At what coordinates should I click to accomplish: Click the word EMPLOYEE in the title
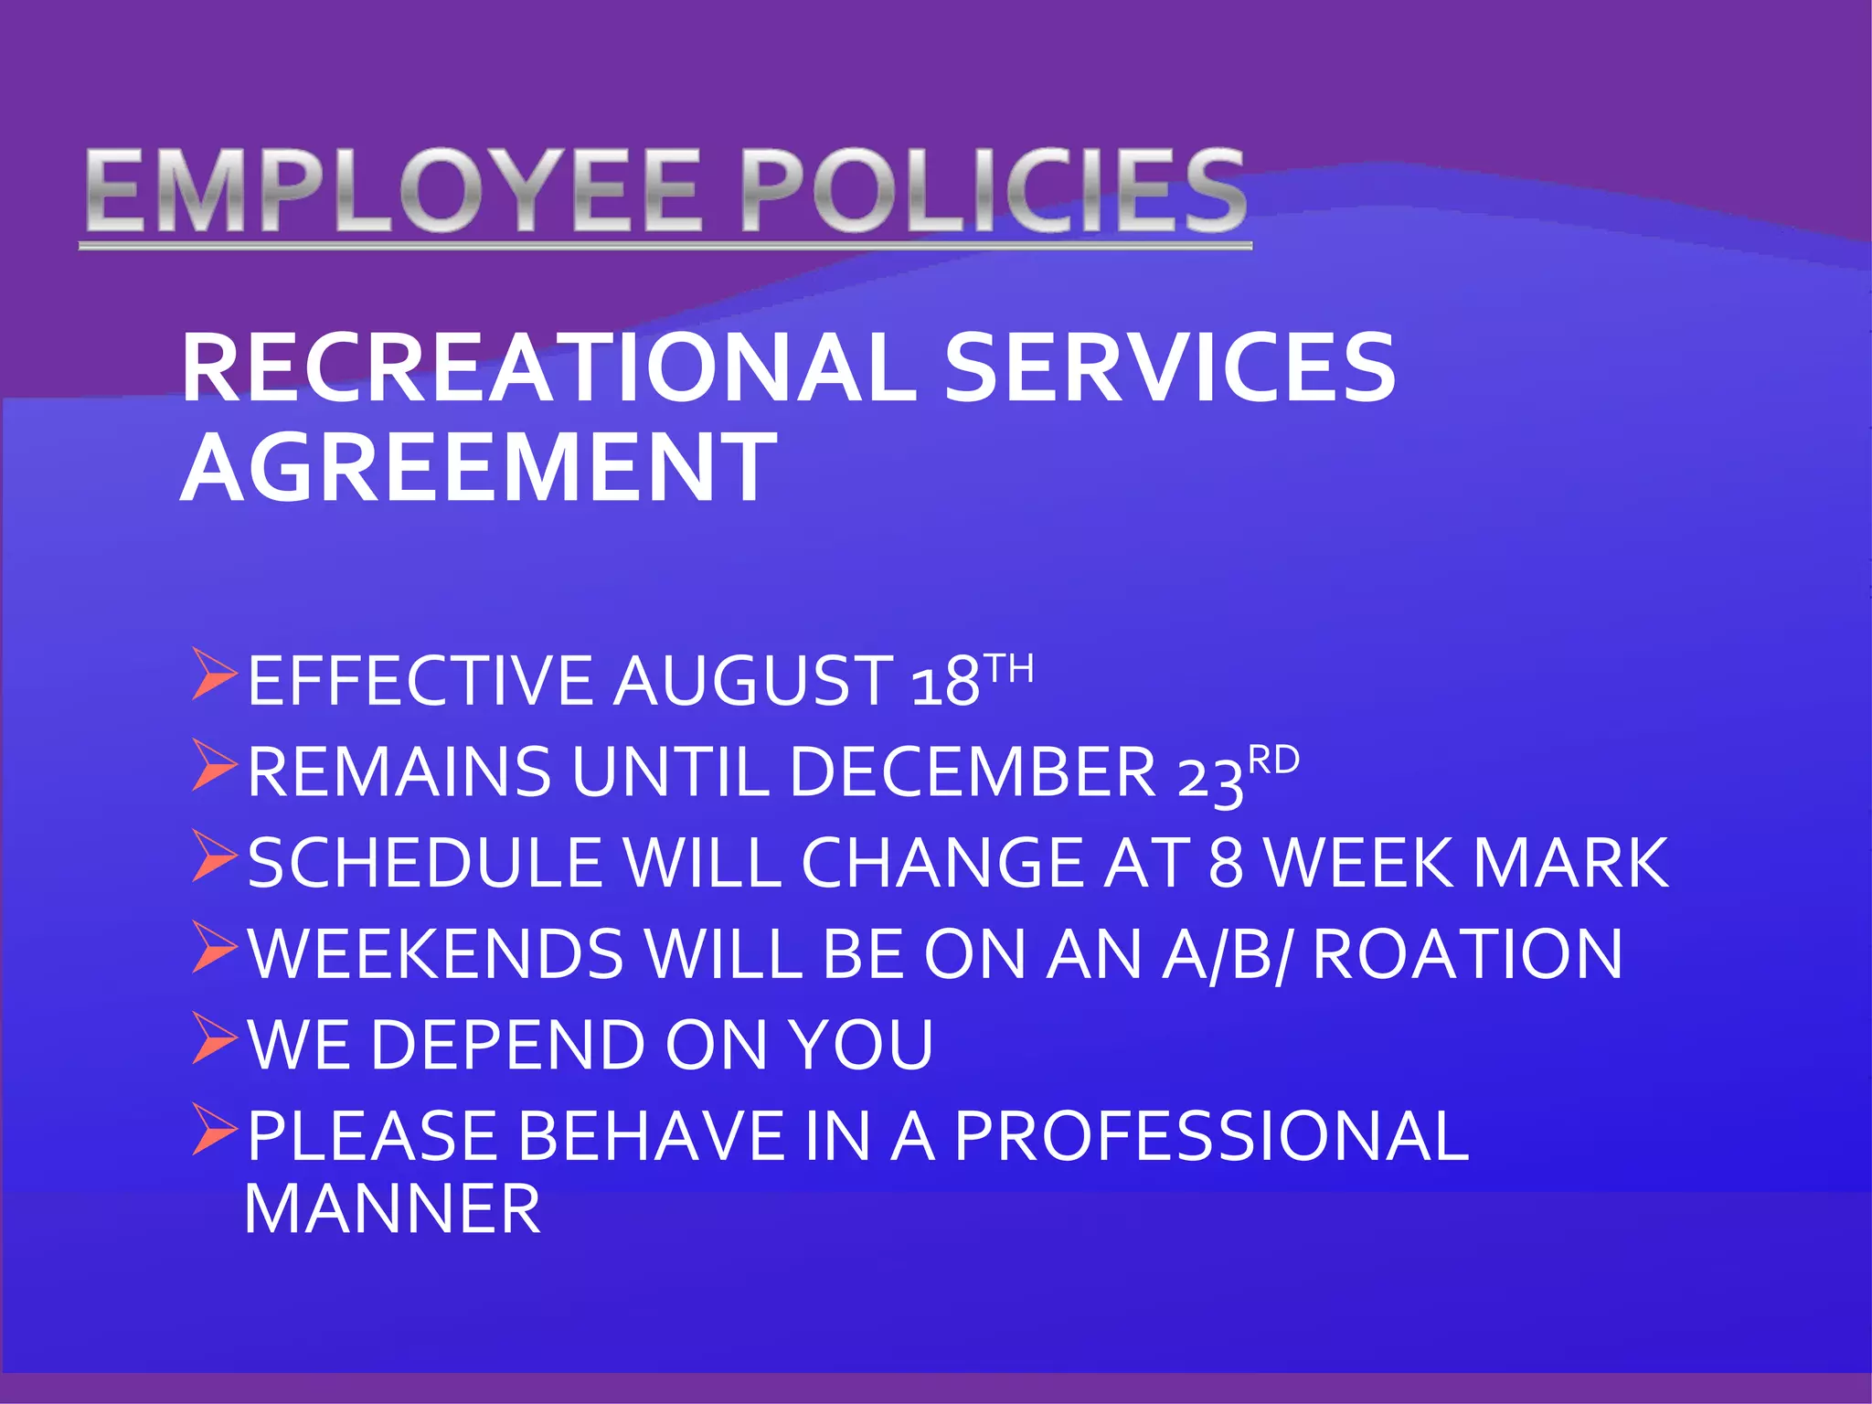click(394, 192)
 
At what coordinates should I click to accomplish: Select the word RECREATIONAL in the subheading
click(548, 367)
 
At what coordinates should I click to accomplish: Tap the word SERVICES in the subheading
click(1169, 367)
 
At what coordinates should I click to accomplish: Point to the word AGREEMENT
click(478, 468)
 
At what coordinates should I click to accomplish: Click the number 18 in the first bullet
click(945, 682)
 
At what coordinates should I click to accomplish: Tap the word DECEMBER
click(973, 772)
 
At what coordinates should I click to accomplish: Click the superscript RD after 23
click(1273, 760)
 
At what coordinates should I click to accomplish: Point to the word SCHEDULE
click(424, 863)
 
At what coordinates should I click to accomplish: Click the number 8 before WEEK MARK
click(1226, 863)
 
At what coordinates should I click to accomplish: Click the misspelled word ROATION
click(1467, 954)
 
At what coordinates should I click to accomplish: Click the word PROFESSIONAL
click(1211, 1136)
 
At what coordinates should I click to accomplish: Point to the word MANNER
click(393, 1209)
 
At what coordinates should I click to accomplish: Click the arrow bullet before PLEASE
click(214, 1130)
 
